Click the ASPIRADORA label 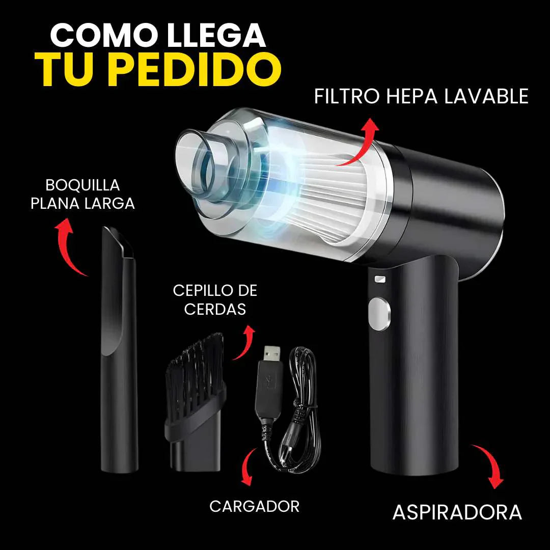pos(457,512)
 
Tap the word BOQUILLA pos(82,184)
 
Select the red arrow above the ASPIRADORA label pos(489,464)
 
